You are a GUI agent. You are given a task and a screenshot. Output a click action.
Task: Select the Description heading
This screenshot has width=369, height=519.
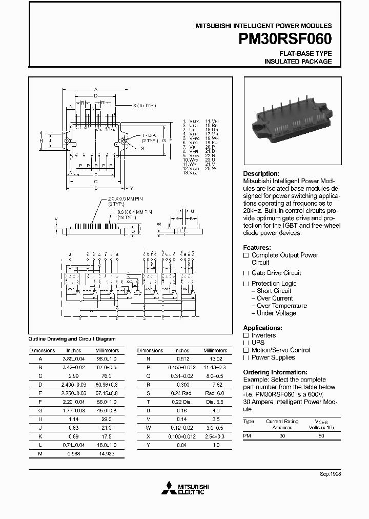pyautogui.click(x=261, y=174)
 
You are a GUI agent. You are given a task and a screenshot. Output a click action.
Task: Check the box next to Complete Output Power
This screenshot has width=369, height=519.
pyautogui.click(x=246, y=255)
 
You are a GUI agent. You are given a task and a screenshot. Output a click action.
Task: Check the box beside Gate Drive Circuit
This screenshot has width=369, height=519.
pyautogui.click(x=246, y=273)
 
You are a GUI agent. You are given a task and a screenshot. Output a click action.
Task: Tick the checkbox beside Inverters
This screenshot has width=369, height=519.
pyautogui.click(x=246, y=335)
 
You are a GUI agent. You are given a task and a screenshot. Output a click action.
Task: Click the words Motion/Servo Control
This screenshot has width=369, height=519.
pyautogui.click(x=280, y=350)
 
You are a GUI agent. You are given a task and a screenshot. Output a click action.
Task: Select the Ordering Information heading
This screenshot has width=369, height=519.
pyautogui.click(x=275, y=372)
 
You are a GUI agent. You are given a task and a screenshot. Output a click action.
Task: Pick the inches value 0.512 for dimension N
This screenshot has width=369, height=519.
pyautogui.click(x=183, y=359)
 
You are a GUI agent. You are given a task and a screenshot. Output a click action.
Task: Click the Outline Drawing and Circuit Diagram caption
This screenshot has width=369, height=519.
pyautogui.click(x=71, y=338)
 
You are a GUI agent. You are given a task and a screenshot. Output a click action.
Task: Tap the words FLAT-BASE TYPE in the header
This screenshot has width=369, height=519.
pyautogui.click(x=305, y=53)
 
